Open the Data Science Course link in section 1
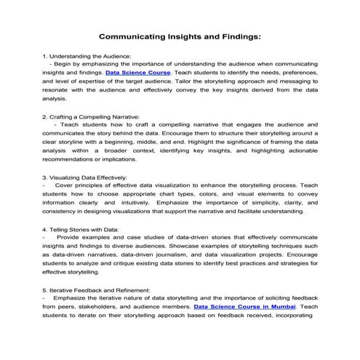point(138,73)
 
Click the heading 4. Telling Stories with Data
point(81,228)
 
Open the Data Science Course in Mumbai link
point(241,307)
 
